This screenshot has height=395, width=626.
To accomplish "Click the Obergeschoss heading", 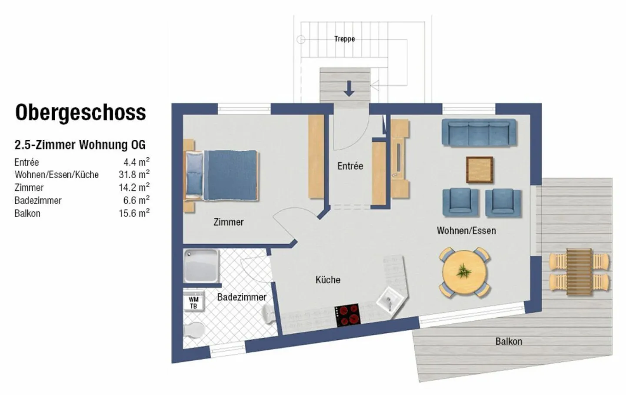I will click(80, 113).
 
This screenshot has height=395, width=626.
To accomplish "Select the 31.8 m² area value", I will click(134, 175).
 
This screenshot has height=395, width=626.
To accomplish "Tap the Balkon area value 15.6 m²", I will click(134, 213).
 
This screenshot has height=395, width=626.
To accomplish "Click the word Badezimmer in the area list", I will click(38, 201).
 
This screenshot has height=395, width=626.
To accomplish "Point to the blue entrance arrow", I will click(349, 88).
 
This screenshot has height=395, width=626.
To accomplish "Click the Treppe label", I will click(344, 39).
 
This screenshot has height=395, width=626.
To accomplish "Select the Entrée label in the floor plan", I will click(350, 166).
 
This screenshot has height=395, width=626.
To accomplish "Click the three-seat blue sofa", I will click(479, 132).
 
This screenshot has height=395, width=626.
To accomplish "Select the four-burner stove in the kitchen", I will click(347, 315).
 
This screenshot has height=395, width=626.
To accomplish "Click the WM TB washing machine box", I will click(193, 302).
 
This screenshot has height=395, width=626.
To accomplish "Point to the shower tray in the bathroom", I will click(200, 266).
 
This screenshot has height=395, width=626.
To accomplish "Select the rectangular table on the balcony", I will click(579, 272).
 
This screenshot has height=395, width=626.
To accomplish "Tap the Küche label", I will click(328, 280).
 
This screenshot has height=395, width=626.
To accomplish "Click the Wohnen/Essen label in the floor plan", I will click(466, 231).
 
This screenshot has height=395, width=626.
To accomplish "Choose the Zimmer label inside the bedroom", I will click(228, 222).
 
